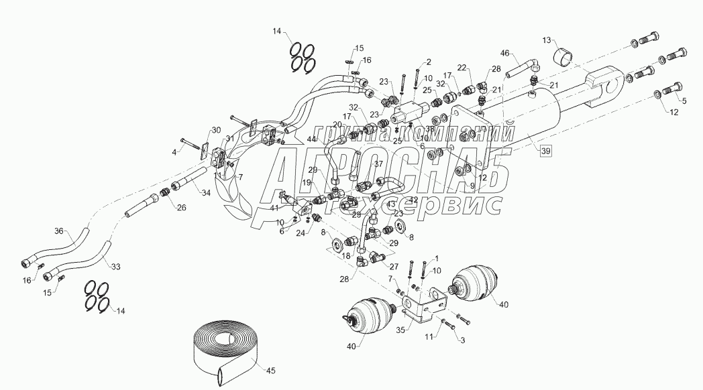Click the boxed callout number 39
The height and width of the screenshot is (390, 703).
(x=545, y=151)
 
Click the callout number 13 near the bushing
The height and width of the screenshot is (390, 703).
(x=545, y=40)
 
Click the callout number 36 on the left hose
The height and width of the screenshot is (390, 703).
(x=59, y=232)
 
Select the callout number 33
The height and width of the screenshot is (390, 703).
(x=115, y=267)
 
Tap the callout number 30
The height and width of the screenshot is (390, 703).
(x=215, y=130)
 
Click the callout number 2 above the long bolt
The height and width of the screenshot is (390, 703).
(x=428, y=62)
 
